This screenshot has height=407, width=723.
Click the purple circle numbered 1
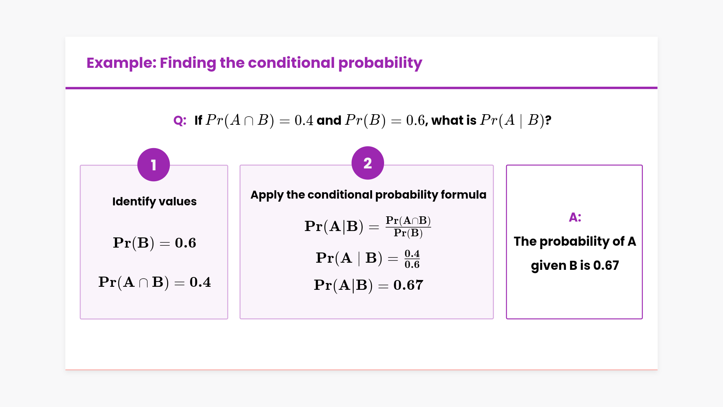154,165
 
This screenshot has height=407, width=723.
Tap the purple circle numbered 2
368,163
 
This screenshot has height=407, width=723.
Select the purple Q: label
180,121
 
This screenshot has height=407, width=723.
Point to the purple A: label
575,217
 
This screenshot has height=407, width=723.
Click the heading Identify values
154,202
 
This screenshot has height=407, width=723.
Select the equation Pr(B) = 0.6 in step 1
154,243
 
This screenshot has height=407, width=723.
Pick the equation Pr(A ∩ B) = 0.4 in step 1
154,282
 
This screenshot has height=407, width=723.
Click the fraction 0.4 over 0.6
412,259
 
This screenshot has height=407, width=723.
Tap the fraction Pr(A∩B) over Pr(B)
408,227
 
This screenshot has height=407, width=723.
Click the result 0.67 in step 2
408,285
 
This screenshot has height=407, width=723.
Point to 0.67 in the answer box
606,266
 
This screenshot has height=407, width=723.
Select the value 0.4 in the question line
304,121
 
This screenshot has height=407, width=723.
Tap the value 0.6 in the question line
415,121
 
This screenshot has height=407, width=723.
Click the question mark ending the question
548,121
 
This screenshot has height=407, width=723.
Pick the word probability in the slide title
380,63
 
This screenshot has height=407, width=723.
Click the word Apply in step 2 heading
267,195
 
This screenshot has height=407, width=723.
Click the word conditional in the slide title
291,63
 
